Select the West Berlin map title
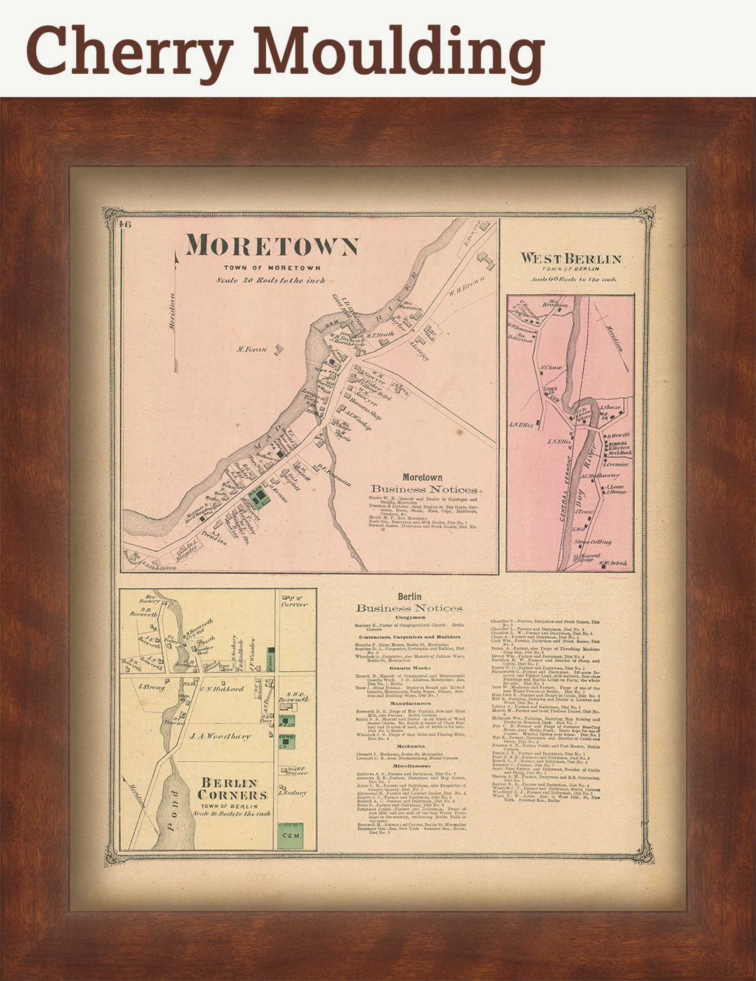coord(571,259)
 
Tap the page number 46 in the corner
coord(126,225)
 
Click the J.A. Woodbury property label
coord(219,736)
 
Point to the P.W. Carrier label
coord(294,602)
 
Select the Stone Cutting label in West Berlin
coord(592,542)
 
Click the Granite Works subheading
coord(409,668)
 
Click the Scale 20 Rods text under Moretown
coord(272,280)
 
